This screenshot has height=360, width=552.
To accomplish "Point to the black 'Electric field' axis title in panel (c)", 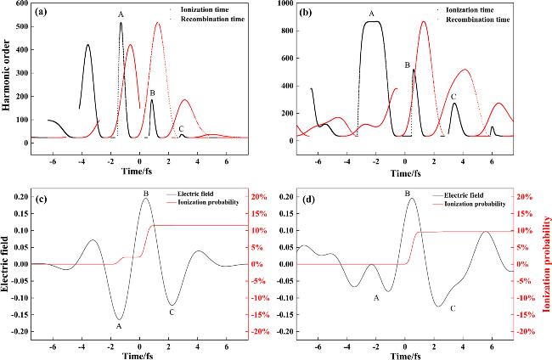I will pos(8,264).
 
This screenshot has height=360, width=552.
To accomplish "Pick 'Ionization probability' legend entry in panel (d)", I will pos(476,205).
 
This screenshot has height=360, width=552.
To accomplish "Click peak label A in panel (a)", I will pos(121,14).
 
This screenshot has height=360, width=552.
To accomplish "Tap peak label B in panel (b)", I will pos(408,65).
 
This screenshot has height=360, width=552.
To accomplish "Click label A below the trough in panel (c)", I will pos(119,325).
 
